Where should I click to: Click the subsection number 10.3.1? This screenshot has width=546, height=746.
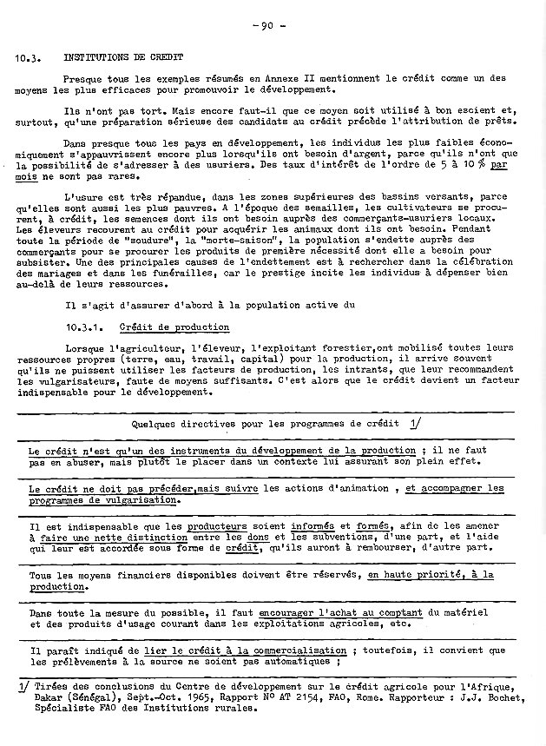click(x=85, y=328)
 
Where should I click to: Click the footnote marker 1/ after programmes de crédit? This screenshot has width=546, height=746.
click(x=414, y=424)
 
